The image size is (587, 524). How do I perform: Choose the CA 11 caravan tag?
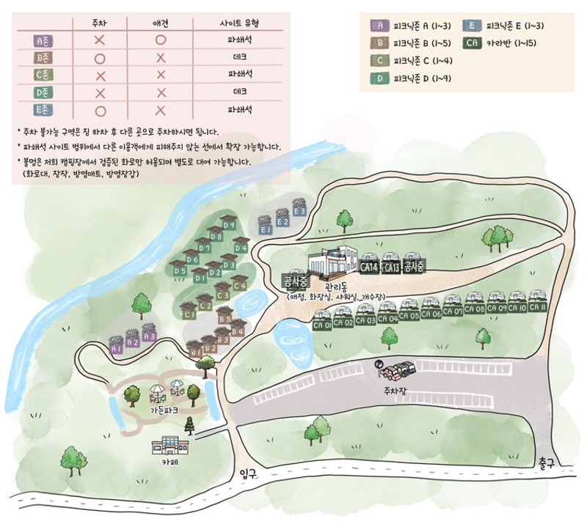[539, 308]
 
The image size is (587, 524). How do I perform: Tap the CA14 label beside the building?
[370, 268]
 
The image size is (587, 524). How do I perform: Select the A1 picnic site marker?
[116, 350]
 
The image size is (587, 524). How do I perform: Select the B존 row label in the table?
[43, 57]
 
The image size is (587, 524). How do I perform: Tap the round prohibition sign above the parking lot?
[379, 364]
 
